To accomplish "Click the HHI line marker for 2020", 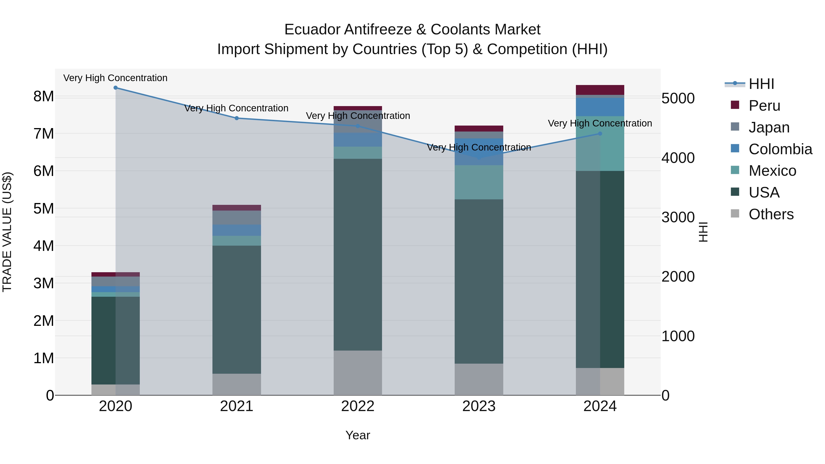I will tap(116, 88).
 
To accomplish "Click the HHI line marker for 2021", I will tap(237, 118).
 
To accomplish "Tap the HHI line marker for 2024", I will tap(600, 134).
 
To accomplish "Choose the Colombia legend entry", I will tap(780, 149).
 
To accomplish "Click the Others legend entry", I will tap(771, 214).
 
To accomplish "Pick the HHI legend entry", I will tap(761, 84).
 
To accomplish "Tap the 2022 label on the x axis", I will tap(358, 406).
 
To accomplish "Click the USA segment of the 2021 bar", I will tap(237, 309).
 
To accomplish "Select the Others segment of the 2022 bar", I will tap(358, 373).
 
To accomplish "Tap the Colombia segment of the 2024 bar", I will tap(600, 107).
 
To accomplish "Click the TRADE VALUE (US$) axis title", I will tap(7, 232).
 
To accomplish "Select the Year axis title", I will tap(358, 436).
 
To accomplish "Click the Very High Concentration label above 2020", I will tap(115, 78).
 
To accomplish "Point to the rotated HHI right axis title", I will tap(703, 232).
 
